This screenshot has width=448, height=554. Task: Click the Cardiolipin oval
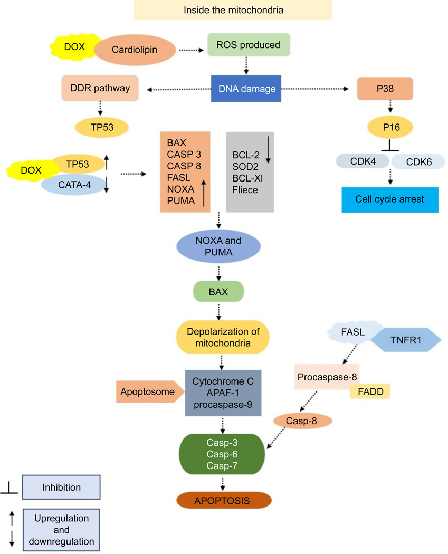135,50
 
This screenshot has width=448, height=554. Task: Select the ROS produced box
249,45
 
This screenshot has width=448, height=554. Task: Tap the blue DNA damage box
246,89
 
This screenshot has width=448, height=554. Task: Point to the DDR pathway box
100,88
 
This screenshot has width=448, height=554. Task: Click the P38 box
385,88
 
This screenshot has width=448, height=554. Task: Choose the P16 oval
390,127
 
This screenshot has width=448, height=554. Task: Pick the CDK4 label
363,161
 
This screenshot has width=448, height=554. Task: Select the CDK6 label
418,162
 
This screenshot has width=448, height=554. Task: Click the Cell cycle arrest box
390,199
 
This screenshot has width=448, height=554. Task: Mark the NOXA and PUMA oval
218,246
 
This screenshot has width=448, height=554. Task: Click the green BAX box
218,292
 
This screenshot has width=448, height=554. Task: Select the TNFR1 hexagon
406,340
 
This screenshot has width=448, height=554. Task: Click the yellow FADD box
370,391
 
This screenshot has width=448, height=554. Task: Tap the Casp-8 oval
302,421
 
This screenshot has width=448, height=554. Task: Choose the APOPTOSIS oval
224,500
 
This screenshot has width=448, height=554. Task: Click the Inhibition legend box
61,487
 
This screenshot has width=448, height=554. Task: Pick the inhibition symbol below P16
390,146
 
